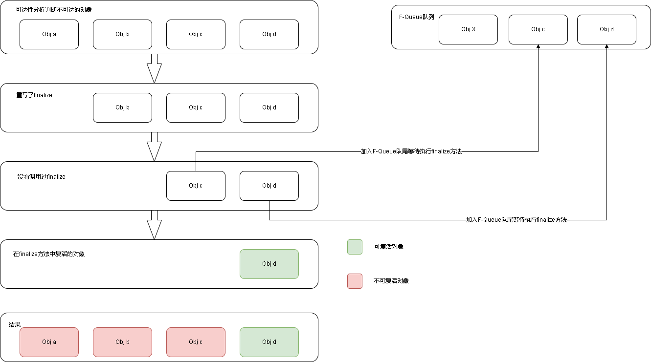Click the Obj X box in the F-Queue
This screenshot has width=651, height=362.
[x=468, y=29]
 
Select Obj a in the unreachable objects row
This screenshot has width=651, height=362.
[x=49, y=34]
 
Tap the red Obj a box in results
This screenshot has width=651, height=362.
[x=49, y=342]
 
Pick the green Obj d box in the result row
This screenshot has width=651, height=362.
[x=269, y=342]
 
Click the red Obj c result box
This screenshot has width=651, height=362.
[x=196, y=342]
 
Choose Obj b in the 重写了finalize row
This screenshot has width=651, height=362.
[x=122, y=107]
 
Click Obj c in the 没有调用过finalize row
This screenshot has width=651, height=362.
[x=196, y=186]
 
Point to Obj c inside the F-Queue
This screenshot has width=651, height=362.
[x=538, y=29]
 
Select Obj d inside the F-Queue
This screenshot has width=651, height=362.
[x=606, y=29]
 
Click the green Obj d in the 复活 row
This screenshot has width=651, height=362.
[x=269, y=264]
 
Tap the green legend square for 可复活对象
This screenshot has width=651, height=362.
[x=355, y=247]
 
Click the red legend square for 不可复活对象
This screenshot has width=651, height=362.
[x=355, y=281]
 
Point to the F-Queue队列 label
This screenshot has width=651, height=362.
[x=416, y=17]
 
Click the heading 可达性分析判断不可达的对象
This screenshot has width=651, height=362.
[x=54, y=10]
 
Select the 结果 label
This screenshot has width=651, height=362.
[x=15, y=324]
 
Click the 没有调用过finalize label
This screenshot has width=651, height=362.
[x=41, y=176]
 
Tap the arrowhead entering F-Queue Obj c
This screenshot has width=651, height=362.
[x=538, y=46]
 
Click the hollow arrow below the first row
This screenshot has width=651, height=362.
[x=155, y=68]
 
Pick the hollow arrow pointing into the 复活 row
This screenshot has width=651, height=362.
[x=155, y=225]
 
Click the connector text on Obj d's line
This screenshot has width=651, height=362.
[x=516, y=220]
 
